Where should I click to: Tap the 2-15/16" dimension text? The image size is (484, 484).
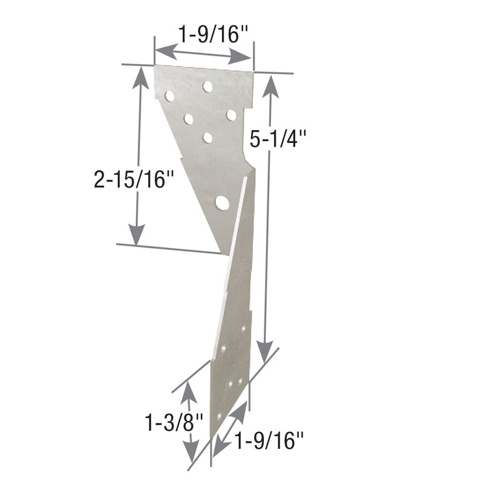[130, 179]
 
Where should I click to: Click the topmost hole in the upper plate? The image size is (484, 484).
[208, 87]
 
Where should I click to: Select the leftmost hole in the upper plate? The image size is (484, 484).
[169, 96]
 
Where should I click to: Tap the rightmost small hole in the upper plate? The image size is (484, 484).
[231, 114]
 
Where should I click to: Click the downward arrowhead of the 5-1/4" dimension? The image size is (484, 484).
[264, 352]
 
